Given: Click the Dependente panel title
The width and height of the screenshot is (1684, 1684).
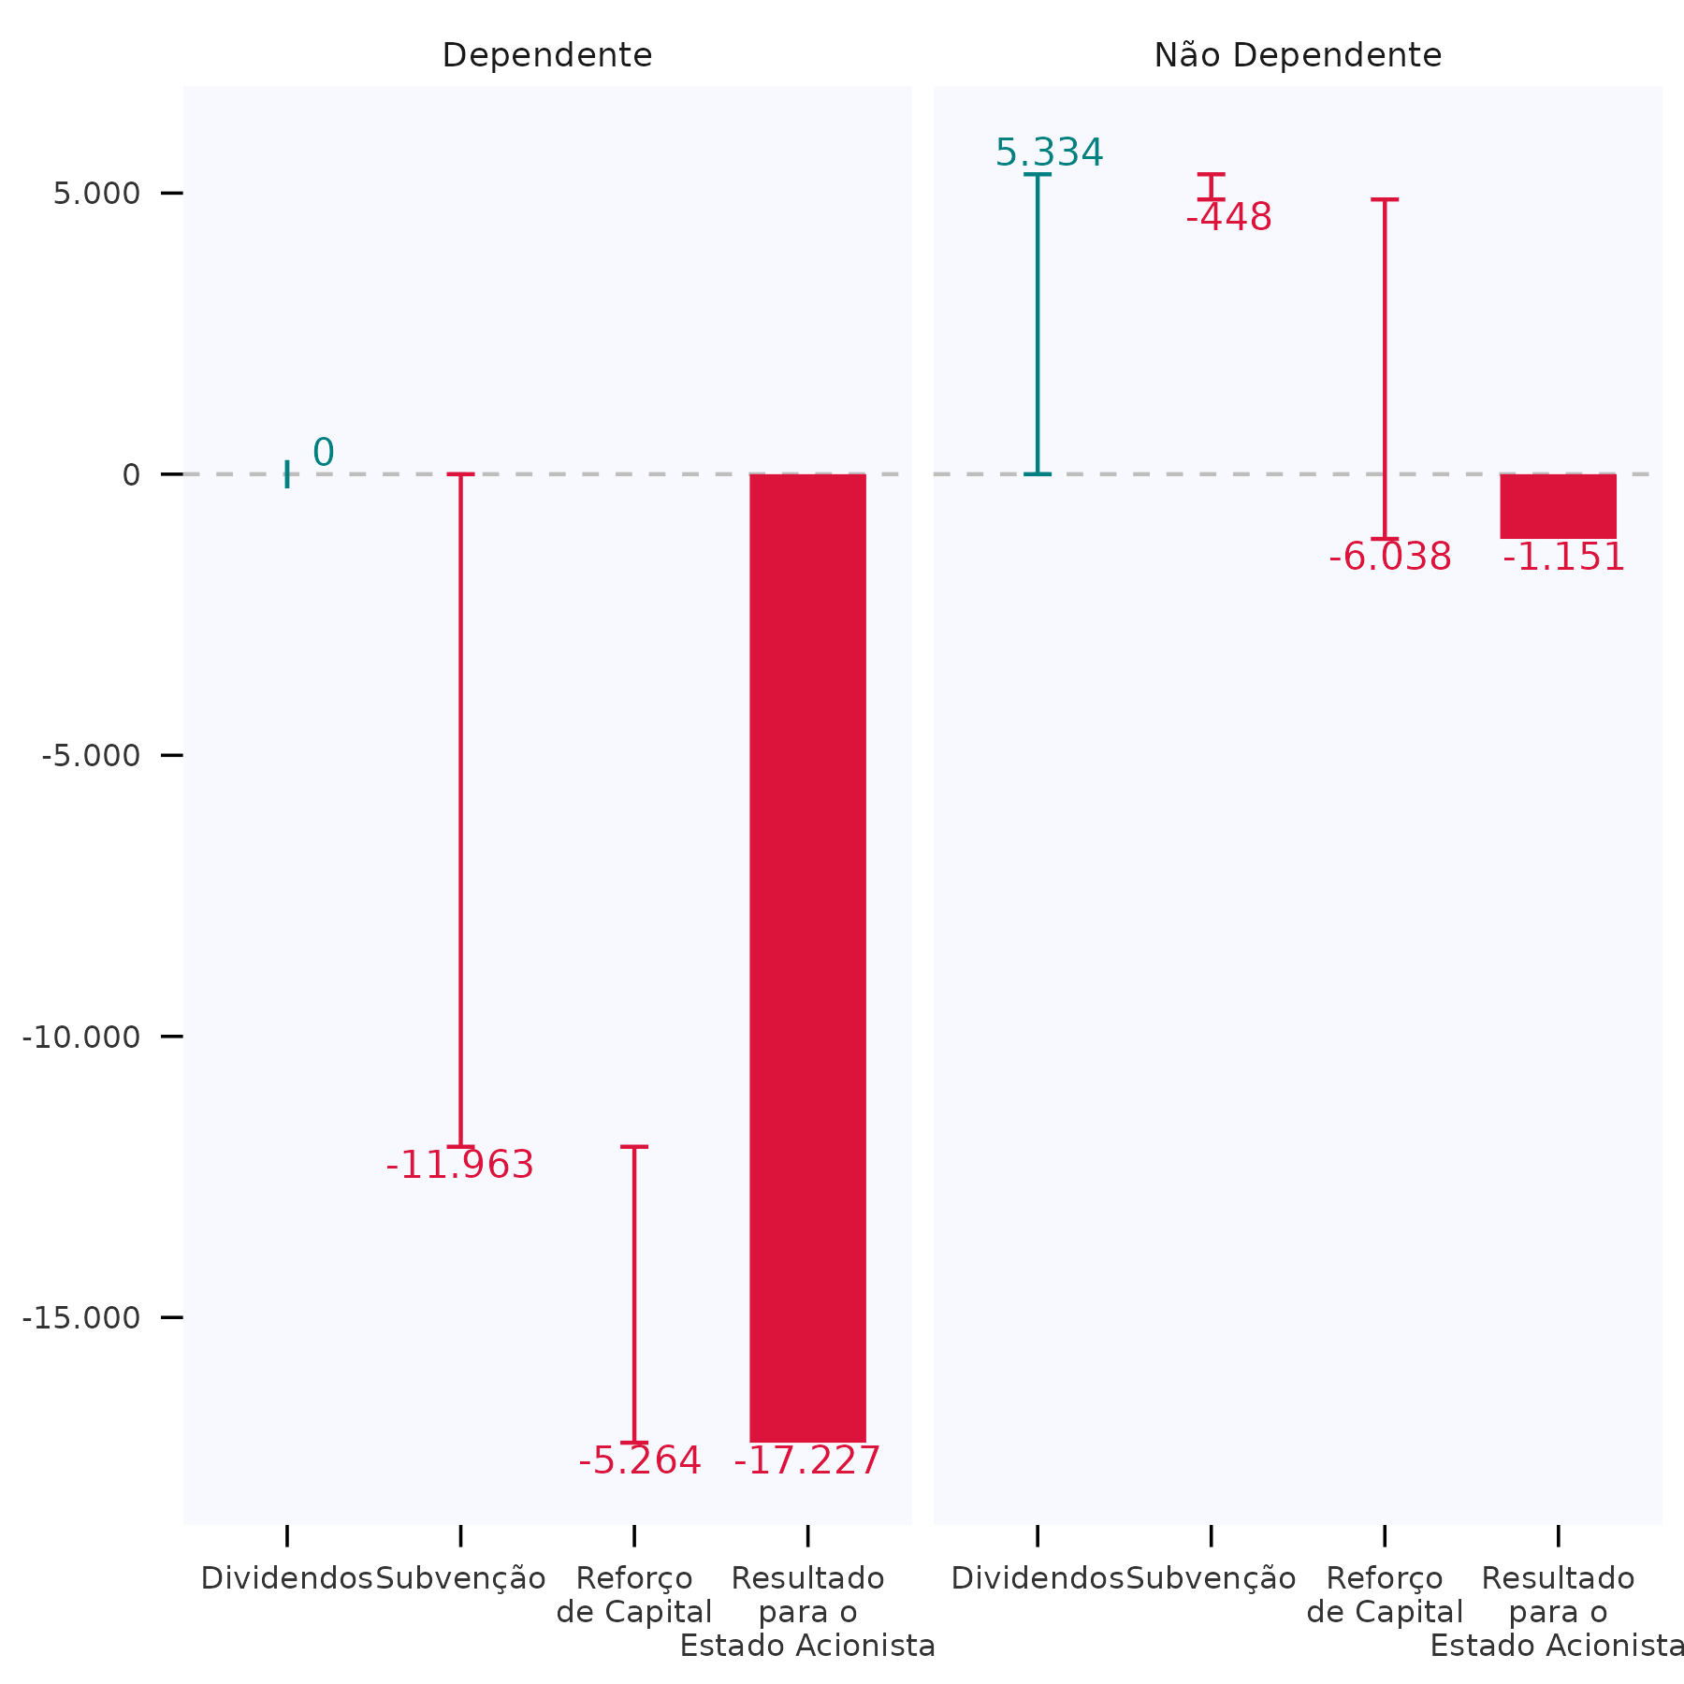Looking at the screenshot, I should (x=546, y=55).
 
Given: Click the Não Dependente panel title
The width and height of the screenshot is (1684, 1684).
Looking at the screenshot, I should (x=1297, y=55).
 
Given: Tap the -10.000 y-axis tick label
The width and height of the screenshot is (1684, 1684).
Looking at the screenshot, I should (x=81, y=1037).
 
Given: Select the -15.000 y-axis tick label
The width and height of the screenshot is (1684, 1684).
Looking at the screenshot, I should (x=81, y=1317).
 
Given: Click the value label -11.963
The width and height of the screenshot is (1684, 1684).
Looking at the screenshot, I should (x=459, y=1166).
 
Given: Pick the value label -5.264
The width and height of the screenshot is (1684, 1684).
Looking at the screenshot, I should (x=639, y=1461).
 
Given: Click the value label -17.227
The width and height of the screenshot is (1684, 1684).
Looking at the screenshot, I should (x=806, y=1461).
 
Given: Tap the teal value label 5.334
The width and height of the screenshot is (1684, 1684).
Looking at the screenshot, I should (x=1049, y=152).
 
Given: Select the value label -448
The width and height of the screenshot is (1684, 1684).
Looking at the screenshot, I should (x=1228, y=218).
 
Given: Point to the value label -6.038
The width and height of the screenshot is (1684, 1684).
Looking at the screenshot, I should (x=1389, y=558).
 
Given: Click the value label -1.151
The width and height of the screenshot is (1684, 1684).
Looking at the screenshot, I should (x=1563, y=558).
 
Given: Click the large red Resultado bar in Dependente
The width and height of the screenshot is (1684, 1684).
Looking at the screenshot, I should (x=807, y=954).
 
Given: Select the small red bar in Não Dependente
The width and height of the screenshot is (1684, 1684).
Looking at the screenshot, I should (x=1558, y=506).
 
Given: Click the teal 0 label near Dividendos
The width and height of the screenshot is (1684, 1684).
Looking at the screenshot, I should (x=323, y=453).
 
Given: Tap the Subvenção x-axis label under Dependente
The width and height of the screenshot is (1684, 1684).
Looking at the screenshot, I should (x=460, y=1578).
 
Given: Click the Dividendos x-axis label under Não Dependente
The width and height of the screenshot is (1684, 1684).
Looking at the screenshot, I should (x=1037, y=1578).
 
